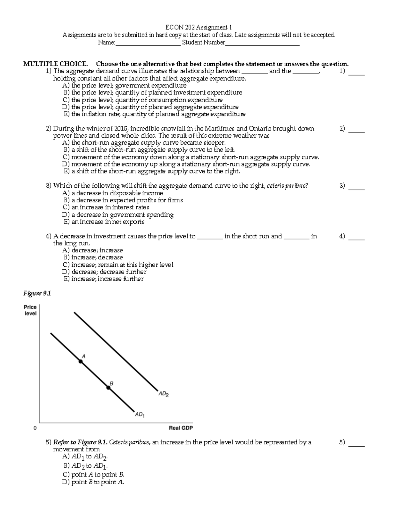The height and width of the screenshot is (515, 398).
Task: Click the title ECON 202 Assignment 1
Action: coord(199,27)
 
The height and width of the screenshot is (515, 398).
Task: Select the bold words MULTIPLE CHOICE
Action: coord(55,64)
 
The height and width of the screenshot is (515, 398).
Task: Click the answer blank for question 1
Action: coord(357,72)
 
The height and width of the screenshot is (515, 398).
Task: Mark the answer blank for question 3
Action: coord(357,186)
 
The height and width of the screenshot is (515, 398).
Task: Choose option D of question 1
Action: coord(150,107)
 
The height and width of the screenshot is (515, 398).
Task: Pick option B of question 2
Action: coord(149,150)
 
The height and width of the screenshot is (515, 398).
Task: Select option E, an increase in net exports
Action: coord(104,222)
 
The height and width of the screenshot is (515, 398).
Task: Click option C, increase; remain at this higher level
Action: coord(118,265)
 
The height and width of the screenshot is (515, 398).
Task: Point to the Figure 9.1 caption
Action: coord(37,293)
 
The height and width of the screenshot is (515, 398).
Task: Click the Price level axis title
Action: coord(30,310)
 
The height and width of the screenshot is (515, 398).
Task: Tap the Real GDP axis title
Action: coord(181,428)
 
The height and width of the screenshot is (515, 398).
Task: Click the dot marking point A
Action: coord(81,361)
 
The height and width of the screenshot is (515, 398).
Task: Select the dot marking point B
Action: coord(108,387)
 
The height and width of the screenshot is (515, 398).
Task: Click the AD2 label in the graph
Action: coord(163,394)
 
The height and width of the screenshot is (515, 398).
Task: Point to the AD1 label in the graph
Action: coord(139,415)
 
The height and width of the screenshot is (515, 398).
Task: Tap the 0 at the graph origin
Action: coord(35,428)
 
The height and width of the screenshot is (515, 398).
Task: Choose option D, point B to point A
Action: coord(93,482)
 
